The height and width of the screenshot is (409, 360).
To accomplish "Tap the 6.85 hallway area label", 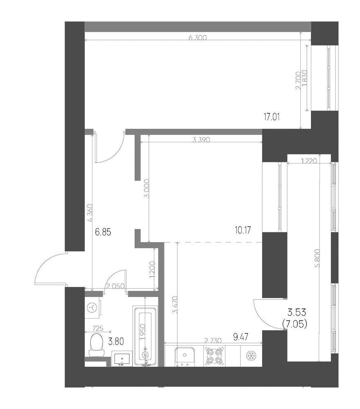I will tap(103, 232).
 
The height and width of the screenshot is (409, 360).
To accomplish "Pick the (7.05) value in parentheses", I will tap(295, 324).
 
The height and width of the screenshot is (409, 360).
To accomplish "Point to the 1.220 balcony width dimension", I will tap(308, 162).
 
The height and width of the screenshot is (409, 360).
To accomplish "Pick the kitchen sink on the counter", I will tap(184, 355).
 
